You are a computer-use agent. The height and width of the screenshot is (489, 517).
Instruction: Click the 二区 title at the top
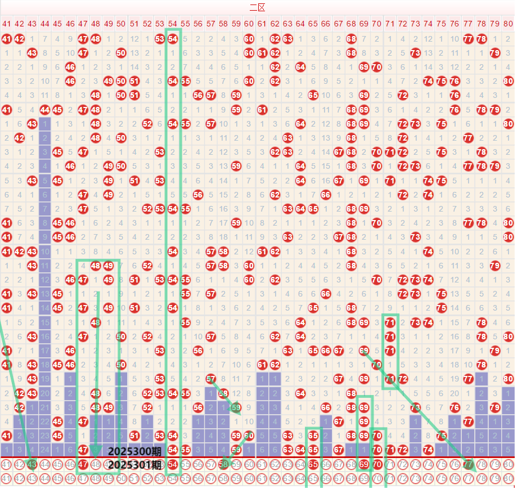pos(257,7)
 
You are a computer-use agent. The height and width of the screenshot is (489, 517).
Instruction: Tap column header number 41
pos(7,24)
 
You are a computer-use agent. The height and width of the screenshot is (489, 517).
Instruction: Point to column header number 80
pos(508,24)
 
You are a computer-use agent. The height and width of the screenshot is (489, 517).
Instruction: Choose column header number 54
pos(173,24)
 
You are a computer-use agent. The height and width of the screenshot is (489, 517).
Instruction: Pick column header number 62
pos(275,24)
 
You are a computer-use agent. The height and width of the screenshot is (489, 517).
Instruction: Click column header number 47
pos(83,24)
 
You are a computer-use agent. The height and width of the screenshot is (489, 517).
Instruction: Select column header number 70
pos(377,24)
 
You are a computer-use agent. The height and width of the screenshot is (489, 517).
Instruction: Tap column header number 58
pos(223,24)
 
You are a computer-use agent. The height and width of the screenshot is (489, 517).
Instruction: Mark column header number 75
pos(441,24)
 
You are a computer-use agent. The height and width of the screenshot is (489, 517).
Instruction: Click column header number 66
pos(326,24)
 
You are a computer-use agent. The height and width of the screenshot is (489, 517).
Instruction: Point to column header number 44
pos(45,24)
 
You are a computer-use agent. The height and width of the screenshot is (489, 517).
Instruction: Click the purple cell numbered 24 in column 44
pos(45,449)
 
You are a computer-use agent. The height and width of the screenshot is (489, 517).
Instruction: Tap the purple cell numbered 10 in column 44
pos(45,251)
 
